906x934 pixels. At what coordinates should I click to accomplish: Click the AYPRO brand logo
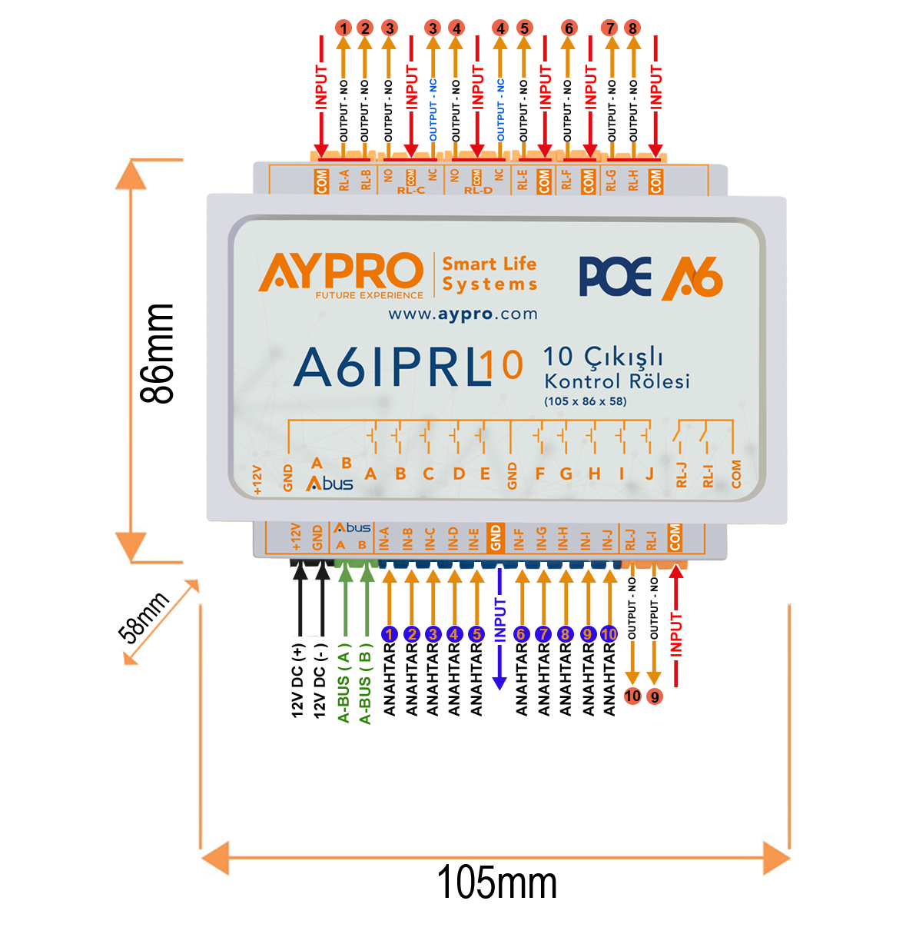tap(340, 271)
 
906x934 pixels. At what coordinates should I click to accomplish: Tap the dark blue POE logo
tap(615, 277)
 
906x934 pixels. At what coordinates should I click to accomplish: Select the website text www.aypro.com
tap(462, 314)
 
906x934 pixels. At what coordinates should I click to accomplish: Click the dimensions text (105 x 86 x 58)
tap(585, 401)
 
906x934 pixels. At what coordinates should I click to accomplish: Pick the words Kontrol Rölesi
tap(616, 381)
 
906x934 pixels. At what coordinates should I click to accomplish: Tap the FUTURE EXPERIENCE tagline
tap(369, 294)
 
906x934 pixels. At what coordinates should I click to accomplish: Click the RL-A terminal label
tap(344, 180)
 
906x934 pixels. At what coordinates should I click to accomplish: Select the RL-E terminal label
tap(523, 180)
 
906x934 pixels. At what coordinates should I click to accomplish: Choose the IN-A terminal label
tap(385, 539)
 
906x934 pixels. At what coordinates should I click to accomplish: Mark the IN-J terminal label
tap(608, 539)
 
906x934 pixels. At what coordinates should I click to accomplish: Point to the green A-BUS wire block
tap(353, 600)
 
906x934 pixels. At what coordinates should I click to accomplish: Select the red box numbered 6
tap(569, 28)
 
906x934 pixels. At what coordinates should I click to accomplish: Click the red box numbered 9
tap(655, 696)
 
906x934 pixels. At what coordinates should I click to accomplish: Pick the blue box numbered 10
tap(609, 634)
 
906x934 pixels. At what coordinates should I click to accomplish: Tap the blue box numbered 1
tap(390, 634)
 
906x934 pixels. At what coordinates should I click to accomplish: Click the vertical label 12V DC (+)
tap(298, 680)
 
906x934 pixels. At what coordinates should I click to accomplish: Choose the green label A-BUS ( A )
tap(343, 686)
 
